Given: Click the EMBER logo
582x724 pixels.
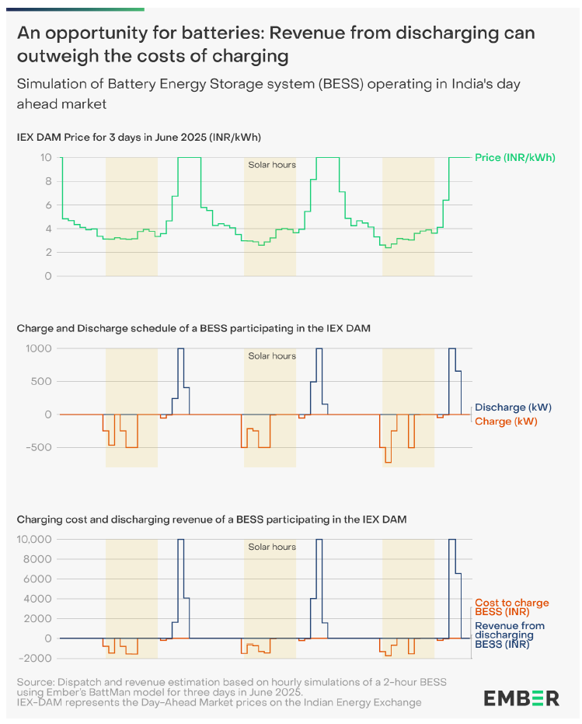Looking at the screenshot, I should point(521,698).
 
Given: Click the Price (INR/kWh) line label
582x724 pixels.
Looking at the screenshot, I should point(514,157).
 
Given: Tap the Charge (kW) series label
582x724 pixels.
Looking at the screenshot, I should point(506,421).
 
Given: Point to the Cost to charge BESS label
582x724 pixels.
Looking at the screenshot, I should point(511,607).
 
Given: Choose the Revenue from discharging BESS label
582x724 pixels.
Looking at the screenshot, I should point(510,635).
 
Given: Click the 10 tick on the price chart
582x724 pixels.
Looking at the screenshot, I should point(46,157).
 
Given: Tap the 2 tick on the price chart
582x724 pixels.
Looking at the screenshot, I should point(48,253).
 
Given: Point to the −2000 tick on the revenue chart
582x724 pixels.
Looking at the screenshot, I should point(36,658).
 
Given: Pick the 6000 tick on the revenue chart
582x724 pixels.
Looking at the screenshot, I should point(38,579).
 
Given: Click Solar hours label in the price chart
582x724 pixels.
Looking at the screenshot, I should point(272,165).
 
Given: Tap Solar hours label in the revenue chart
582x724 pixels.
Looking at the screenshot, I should point(272,547).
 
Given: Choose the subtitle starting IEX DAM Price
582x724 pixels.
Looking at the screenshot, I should point(138,137).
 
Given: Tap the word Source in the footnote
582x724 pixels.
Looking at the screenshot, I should point(35,682).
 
